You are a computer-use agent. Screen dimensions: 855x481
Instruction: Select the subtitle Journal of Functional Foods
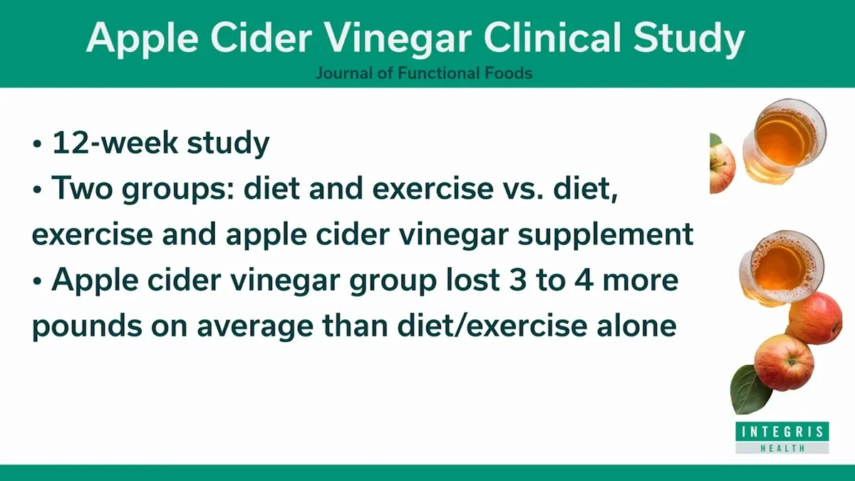pos(424,73)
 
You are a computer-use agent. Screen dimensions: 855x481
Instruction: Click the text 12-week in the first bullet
pos(115,143)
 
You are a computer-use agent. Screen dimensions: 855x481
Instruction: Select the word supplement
pos(606,234)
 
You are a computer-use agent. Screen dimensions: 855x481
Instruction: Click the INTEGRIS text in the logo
pos(782,432)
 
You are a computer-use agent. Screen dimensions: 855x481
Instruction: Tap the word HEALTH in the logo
pos(782,448)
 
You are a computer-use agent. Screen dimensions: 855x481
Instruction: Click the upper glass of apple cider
pos(784,140)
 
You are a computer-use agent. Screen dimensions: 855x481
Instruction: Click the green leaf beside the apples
pos(750,390)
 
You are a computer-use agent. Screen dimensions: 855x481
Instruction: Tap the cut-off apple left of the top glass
pos(722,163)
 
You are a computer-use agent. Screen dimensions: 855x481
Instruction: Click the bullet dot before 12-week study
pos(36,144)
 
